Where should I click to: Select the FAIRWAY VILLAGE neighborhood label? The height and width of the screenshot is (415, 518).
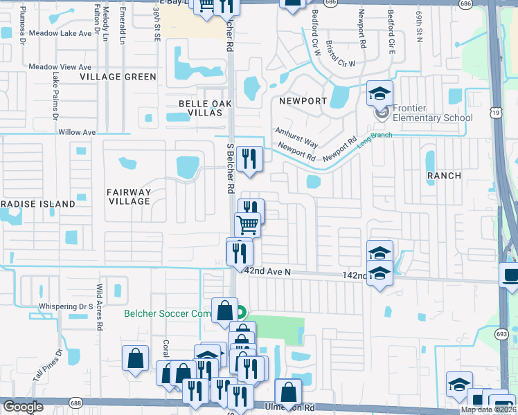[129, 196]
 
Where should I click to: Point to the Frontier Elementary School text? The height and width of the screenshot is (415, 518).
[433, 113]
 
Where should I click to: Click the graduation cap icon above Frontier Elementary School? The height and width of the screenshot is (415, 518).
[379, 93]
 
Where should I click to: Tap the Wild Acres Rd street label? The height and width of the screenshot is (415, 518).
[100, 298]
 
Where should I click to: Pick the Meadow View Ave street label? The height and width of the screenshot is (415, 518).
[60, 67]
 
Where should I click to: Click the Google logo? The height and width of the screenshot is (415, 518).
[23, 407]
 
